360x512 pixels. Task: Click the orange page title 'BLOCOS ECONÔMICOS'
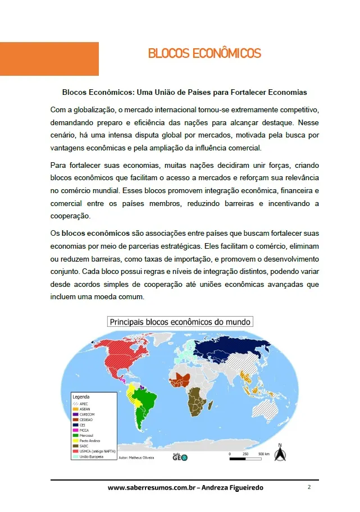tap(204, 54)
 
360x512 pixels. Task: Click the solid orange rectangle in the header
tap(49, 58)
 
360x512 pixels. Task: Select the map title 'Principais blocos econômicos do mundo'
tap(180, 322)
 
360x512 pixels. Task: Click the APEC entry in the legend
tap(83, 404)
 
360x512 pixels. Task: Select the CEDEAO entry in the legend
tap(85, 419)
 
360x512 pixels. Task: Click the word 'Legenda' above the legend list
tap(82, 397)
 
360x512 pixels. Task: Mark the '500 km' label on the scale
tap(263, 453)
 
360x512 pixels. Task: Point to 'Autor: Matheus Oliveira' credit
tap(137, 458)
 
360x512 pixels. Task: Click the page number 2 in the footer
tap(309, 487)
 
